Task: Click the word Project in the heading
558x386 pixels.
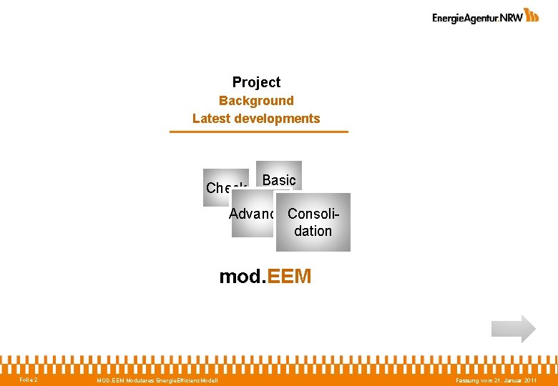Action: click(256, 82)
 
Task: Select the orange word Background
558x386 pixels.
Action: click(256, 101)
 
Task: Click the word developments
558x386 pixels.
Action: click(278, 119)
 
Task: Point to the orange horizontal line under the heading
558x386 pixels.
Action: click(258, 132)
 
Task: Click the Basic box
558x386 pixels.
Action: click(279, 172)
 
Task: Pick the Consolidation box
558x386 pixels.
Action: click(313, 222)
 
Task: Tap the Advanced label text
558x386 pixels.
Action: click(252, 214)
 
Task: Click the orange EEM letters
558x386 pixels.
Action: click(288, 276)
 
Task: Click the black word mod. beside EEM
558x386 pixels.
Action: click(241, 276)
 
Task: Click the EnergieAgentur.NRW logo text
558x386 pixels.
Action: click(476, 18)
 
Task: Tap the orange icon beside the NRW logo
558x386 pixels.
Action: click(532, 15)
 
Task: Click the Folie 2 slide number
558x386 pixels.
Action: click(29, 380)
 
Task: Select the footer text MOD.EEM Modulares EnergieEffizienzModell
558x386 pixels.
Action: click(157, 380)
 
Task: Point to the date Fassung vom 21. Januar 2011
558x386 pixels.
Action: click(496, 380)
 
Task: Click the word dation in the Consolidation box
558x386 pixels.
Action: click(313, 231)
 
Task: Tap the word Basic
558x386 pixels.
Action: click(279, 180)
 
